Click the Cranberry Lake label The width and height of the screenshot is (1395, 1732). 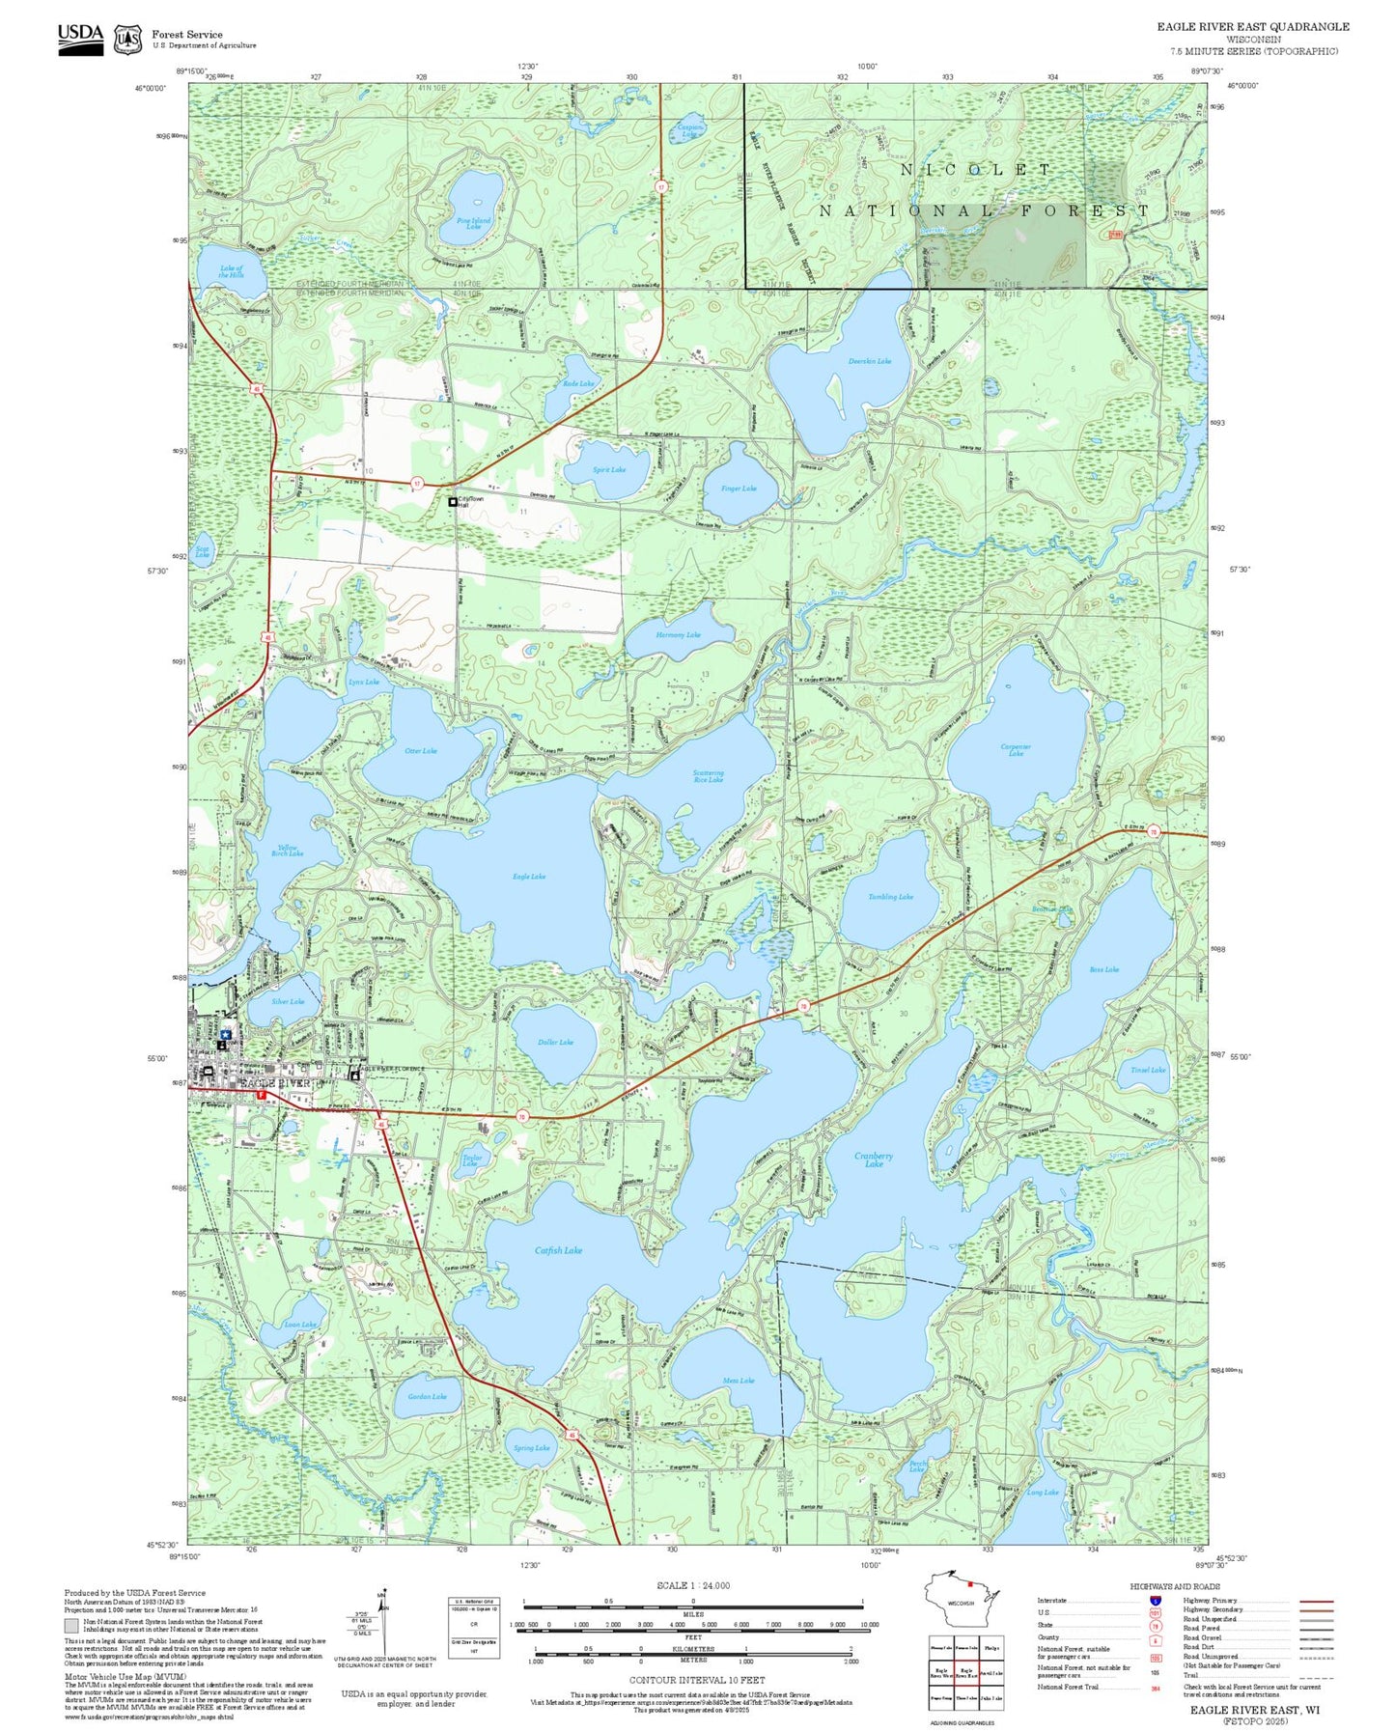tap(873, 1159)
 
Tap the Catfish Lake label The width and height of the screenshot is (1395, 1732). tap(558, 1250)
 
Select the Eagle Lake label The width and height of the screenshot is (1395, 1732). tap(529, 877)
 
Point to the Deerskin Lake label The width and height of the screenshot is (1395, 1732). tap(869, 361)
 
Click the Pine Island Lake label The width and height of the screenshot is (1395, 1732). tap(473, 223)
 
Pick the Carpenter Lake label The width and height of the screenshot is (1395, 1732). tap(1016, 750)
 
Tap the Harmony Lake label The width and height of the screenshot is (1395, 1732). tap(678, 635)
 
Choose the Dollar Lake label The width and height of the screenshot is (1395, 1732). tap(555, 1042)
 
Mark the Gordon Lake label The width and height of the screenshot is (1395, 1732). tap(427, 1396)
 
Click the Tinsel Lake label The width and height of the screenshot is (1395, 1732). tap(1148, 1070)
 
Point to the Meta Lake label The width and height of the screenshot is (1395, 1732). tap(739, 1381)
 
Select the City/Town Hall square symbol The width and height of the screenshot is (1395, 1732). tap(452, 502)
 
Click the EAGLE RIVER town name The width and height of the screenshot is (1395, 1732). tap(275, 1083)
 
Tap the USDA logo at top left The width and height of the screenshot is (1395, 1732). tap(80, 38)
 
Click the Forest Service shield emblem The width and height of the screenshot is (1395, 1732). tap(127, 39)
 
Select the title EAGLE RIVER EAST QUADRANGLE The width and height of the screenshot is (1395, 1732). tap(1253, 26)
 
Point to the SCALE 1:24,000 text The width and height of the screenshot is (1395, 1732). tap(693, 1585)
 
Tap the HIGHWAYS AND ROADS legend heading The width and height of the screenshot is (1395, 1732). tap(1175, 1586)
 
